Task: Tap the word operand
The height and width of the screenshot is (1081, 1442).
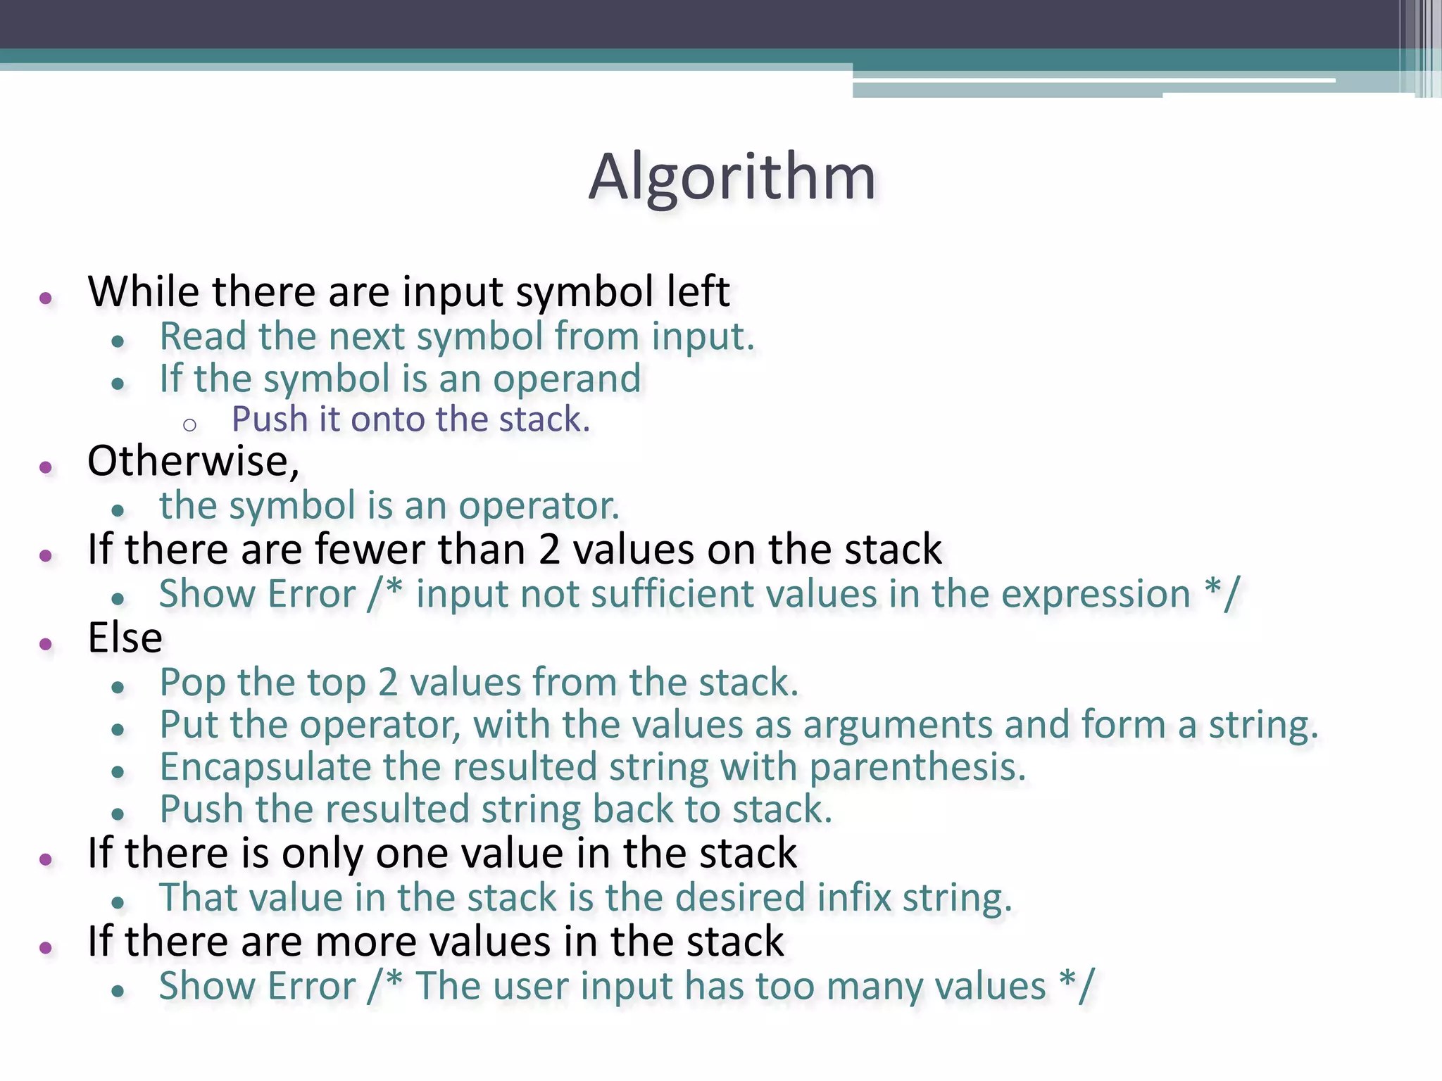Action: [567, 379]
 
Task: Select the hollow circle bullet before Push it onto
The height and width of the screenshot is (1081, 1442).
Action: [189, 424]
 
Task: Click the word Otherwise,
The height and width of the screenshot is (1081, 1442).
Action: [193, 462]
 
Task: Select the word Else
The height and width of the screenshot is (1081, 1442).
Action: [125, 638]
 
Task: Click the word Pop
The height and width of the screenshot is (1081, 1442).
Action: [192, 683]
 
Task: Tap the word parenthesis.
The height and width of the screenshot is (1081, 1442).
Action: [917, 767]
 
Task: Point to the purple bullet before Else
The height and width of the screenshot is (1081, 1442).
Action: [46, 643]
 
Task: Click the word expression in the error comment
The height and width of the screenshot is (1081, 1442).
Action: [1096, 594]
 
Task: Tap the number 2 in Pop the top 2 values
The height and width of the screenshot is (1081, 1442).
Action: [388, 683]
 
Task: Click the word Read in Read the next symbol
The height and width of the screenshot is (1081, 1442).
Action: [203, 336]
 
